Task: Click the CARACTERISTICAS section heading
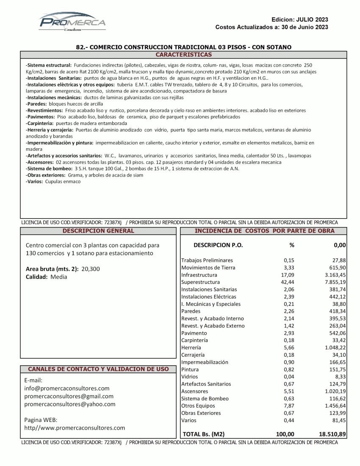click(183, 55)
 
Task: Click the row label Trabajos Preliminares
click(207, 260)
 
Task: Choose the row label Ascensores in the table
click(194, 391)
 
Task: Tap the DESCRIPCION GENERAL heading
click(98, 231)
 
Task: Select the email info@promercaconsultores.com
click(67, 388)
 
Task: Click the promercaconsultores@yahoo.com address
click(70, 404)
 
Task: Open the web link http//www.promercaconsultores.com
click(75, 428)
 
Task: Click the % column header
click(291, 245)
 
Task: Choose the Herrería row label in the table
click(191, 347)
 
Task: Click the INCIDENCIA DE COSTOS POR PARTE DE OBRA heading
click(264, 231)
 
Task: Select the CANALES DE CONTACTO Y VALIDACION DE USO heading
click(98, 369)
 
